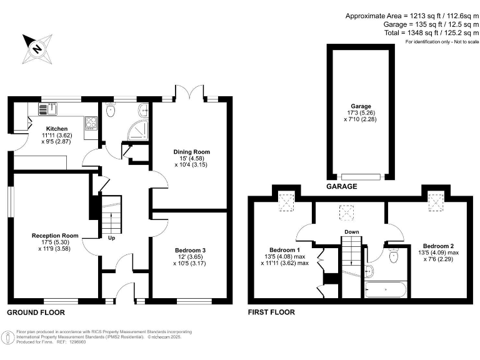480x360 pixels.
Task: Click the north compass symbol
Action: pyautogui.click(x=37, y=48)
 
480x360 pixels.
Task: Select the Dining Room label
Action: pyautogui.click(x=191, y=152)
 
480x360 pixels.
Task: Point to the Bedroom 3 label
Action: pyautogui.click(x=191, y=251)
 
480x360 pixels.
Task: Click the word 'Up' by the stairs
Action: pyautogui.click(x=112, y=238)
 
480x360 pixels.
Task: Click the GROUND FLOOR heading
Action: pyautogui.click(x=35, y=312)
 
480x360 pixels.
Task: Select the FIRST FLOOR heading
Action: pyautogui.click(x=271, y=312)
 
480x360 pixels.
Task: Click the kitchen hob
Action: pyautogui.click(x=91, y=122)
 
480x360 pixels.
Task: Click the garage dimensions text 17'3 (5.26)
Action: pyautogui.click(x=361, y=113)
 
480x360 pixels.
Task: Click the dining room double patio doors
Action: pyautogui.click(x=191, y=93)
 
